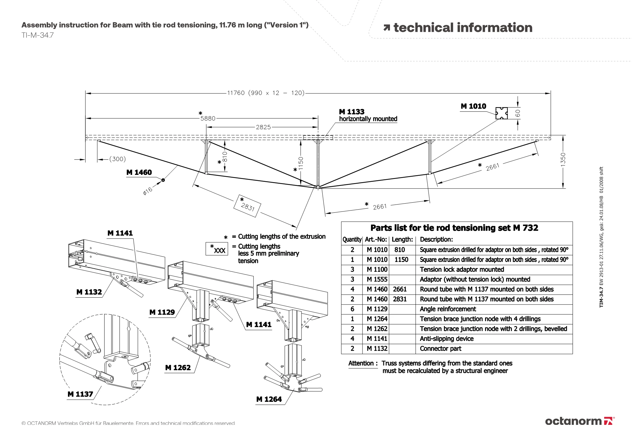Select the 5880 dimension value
(208, 118)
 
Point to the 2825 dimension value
(263, 127)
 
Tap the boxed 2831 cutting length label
(247, 206)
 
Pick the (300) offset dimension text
(118, 159)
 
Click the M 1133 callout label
(351, 112)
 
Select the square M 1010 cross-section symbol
(501, 113)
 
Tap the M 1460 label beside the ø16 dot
(139, 172)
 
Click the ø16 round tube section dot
(163, 180)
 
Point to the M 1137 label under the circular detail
(80, 394)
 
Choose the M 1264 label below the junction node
(269, 399)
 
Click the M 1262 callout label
(178, 368)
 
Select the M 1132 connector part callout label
(89, 292)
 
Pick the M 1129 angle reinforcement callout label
(162, 312)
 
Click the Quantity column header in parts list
(352, 240)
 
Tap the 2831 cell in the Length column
(400, 299)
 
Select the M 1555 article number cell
(377, 279)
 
